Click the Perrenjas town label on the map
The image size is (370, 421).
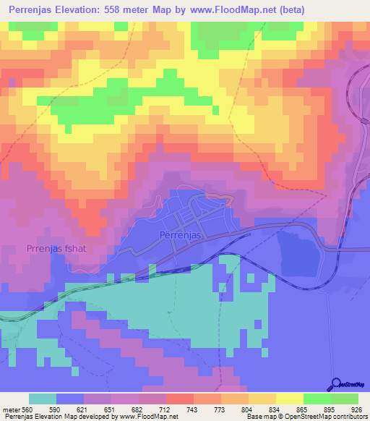tap(180, 236)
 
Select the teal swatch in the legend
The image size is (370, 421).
tap(43, 399)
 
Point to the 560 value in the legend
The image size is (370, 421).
tap(26, 409)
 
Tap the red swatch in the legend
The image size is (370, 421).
tap(180, 399)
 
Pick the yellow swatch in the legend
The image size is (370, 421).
tap(290, 399)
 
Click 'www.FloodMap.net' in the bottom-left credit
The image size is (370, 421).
tap(149, 417)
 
